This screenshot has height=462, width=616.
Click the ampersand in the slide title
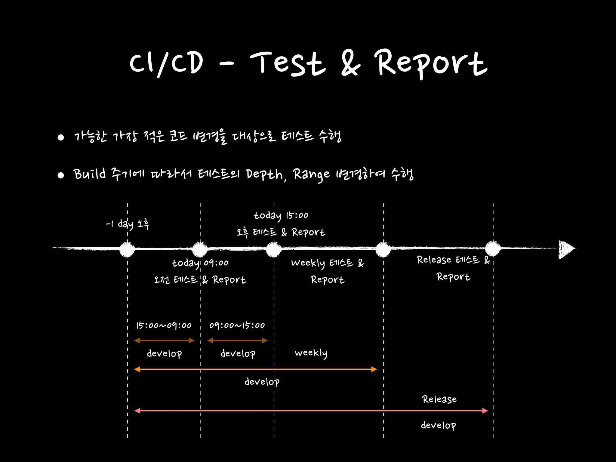[350, 63]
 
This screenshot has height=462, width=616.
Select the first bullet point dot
[61, 137]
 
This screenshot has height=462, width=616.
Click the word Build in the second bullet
[90, 174]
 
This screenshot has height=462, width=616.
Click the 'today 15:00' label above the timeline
[281, 215]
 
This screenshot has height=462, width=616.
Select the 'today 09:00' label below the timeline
[200, 263]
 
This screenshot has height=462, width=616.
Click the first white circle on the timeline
[127, 249]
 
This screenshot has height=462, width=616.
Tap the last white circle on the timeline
[493, 249]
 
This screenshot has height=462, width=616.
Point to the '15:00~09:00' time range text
[164, 325]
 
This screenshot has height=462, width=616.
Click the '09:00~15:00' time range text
[237, 325]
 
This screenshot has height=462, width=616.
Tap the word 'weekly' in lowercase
[311, 353]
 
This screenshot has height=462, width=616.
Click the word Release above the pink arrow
[439, 399]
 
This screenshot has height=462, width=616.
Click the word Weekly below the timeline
[308, 263]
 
